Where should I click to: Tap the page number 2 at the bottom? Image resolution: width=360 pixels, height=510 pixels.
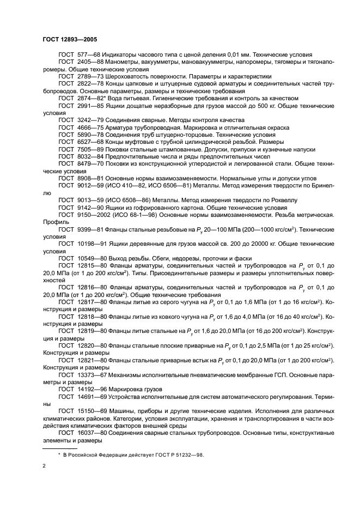pyautogui.click(x=44, y=466)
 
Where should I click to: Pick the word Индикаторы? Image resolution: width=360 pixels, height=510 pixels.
pyautogui.click(x=127, y=55)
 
